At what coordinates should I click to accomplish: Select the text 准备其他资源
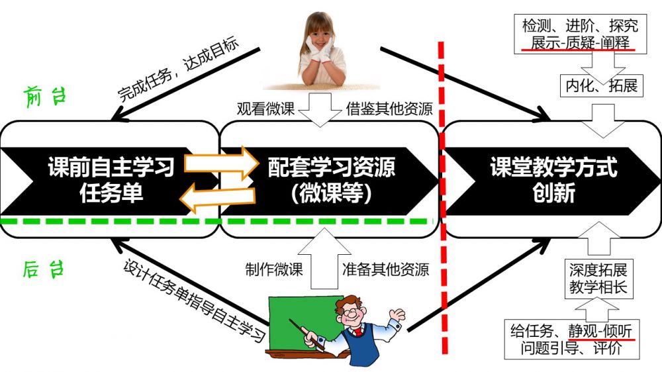[385, 269]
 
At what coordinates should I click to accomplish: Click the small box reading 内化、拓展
[601, 85]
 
